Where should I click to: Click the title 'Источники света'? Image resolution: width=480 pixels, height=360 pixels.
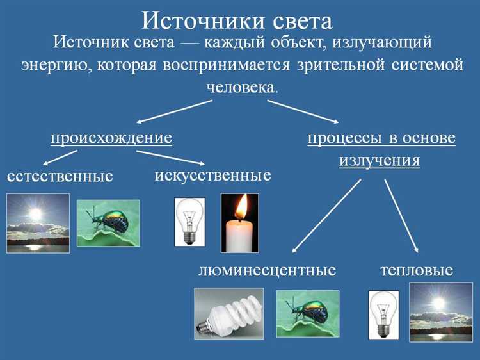pyautogui.click(x=237, y=20)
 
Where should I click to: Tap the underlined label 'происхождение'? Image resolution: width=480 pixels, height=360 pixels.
pyautogui.click(x=111, y=138)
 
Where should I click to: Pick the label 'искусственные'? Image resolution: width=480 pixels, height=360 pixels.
pyautogui.click(x=212, y=175)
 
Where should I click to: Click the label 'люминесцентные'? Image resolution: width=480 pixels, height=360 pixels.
pyautogui.click(x=267, y=270)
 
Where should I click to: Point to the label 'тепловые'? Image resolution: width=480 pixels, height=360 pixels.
pyautogui.click(x=417, y=270)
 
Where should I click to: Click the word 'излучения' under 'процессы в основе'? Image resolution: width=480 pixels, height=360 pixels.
pyautogui.click(x=380, y=160)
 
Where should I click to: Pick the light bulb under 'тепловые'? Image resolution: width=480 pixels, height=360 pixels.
pyautogui.click(x=383, y=314)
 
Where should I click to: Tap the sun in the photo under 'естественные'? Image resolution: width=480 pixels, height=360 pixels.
pyautogui.click(x=35, y=214)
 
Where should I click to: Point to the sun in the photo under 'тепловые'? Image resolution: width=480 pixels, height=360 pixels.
pyautogui.click(x=439, y=302)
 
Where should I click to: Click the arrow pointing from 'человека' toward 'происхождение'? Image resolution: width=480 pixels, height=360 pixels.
pyautogui.click(x=175, y=111)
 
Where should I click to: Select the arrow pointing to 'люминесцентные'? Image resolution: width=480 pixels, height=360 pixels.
pyautogui.click(x=326, y=216)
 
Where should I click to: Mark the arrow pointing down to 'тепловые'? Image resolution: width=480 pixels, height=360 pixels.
pyautogui.click(x=401, y=216)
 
